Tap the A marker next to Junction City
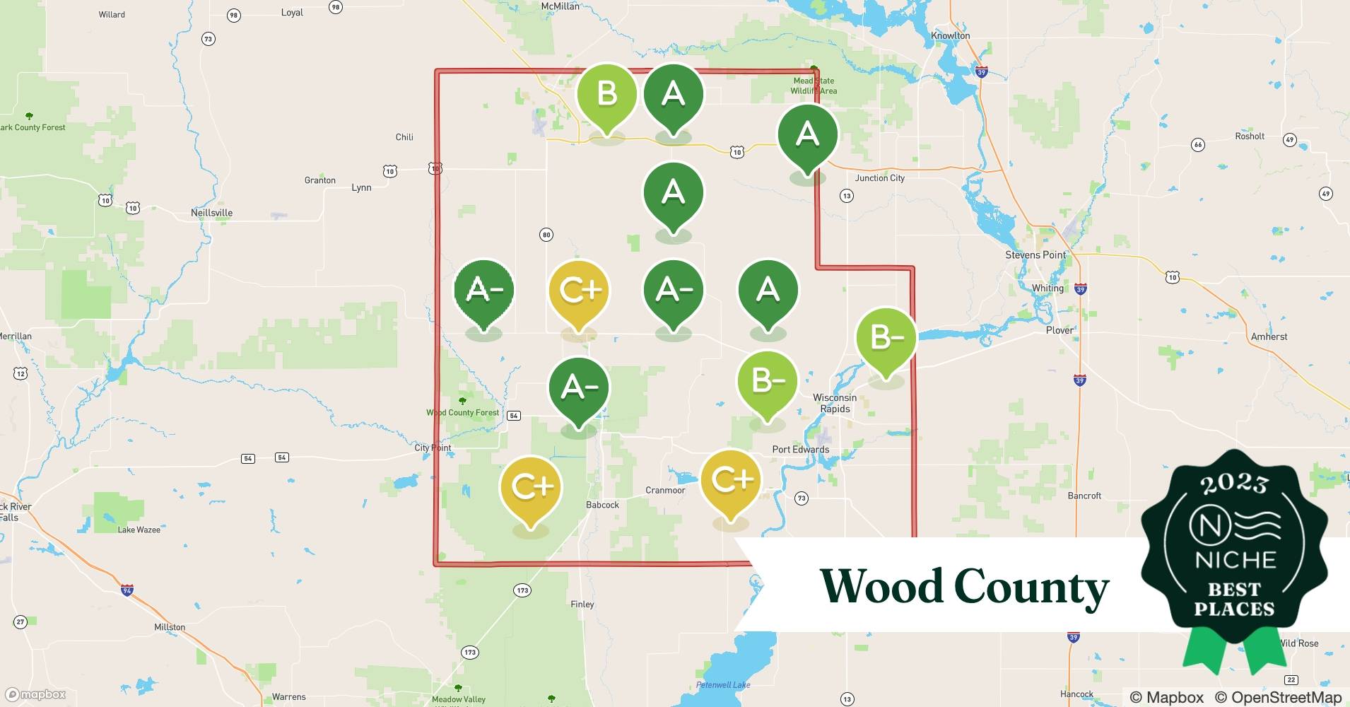pos(807,135)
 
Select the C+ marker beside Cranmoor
pos(731,481)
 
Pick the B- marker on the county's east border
pos(886,338)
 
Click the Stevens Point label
pos(1035,255)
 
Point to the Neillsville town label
pos(211,213)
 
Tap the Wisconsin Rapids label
pos(835,403)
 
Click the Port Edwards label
pos(800,449)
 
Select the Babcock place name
pos(602,505)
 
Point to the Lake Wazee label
pos(139,530)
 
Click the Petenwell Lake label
pos(723,684)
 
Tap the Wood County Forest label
pos(462,412)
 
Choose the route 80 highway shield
pos(546,235)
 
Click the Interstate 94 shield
pos(127,590)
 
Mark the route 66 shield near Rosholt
pos(1197,145)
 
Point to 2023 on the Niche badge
pos(1234,483)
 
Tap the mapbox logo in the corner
pos(35,694)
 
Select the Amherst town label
pos(1269,337)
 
